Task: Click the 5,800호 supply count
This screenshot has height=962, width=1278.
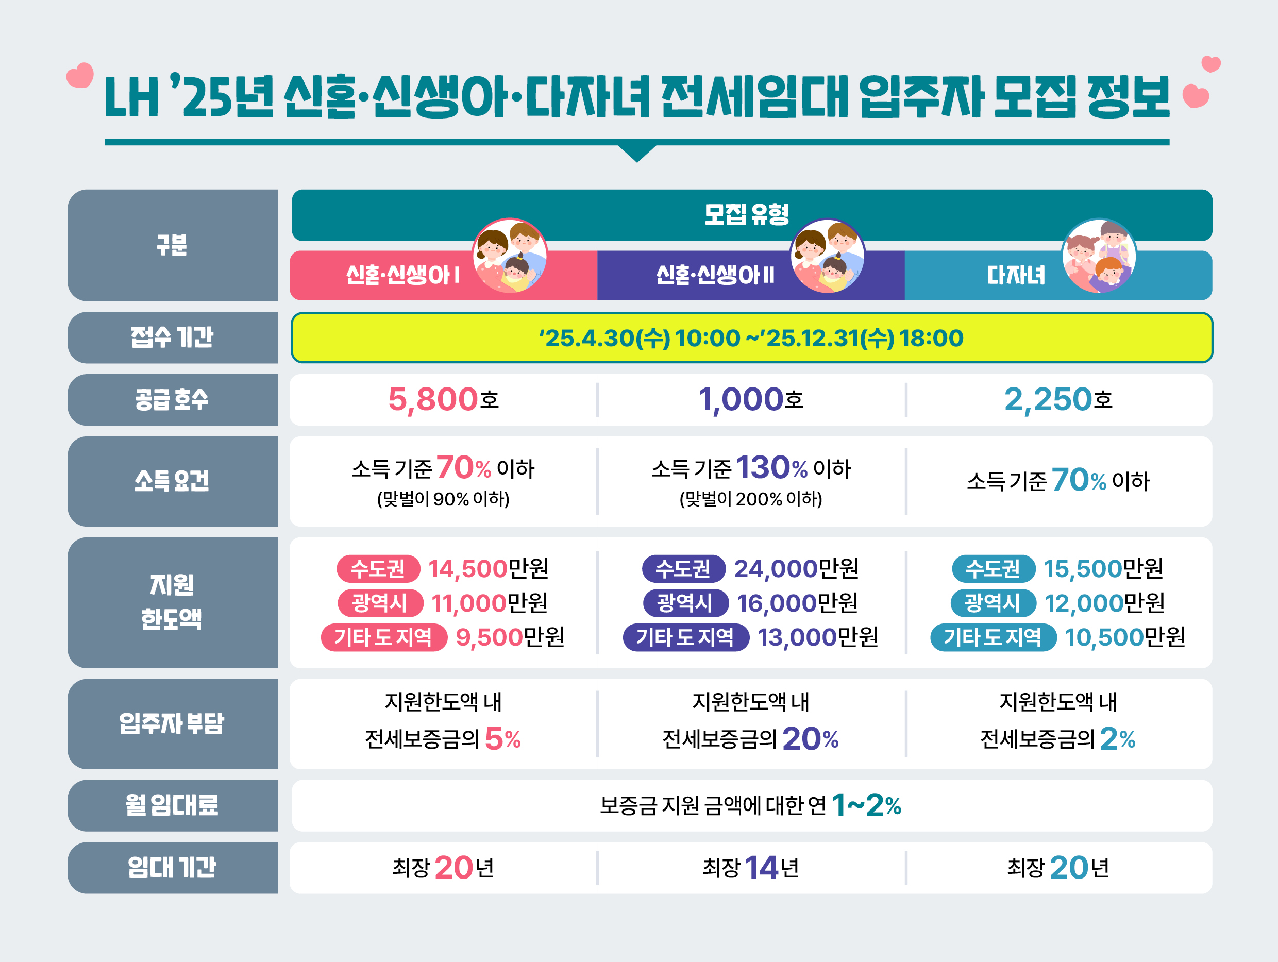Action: pyautogui.click(x=443, y=400)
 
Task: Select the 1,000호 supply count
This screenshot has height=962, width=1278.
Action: pyautogui.click(x=750, y=400)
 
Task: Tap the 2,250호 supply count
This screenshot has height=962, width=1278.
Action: pyautogui.click(x=1058, y=400)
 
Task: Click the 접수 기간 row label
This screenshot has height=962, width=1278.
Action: pyautogui.click(x=172, y=337)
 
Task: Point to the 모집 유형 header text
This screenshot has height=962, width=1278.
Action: pyautogui.click(x=747, y=214)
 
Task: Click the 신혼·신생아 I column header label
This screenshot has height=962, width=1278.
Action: pyautogui.click(x=402, y=275)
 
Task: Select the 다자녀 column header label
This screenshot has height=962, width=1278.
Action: pyautogui.click(x=1016, y=275)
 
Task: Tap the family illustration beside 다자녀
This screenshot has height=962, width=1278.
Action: pyautogui.click(x=1098, y=256)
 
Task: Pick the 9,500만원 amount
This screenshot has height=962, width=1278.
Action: pyautogui.click(x=510, y=638)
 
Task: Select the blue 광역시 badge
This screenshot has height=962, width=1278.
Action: pyautogui.click(x=993, y=603)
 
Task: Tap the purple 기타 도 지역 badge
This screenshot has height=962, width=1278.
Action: pyautogui.click(x=685, y=638)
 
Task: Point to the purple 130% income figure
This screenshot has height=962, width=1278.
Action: pyautogui.click(x=771, y=467)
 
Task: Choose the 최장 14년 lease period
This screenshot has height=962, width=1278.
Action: pyautogui.click(x=750, y=868)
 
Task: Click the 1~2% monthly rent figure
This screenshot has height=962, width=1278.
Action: pyautogui.click(x=866, y=805)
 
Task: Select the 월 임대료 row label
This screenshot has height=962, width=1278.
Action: pyautogui.click(x=172, y=805)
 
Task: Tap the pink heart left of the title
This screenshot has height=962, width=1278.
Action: pyautogui.click(x=80, y=76)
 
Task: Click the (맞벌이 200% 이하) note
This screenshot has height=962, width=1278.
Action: pyautogui.click(x=750, y=499)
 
